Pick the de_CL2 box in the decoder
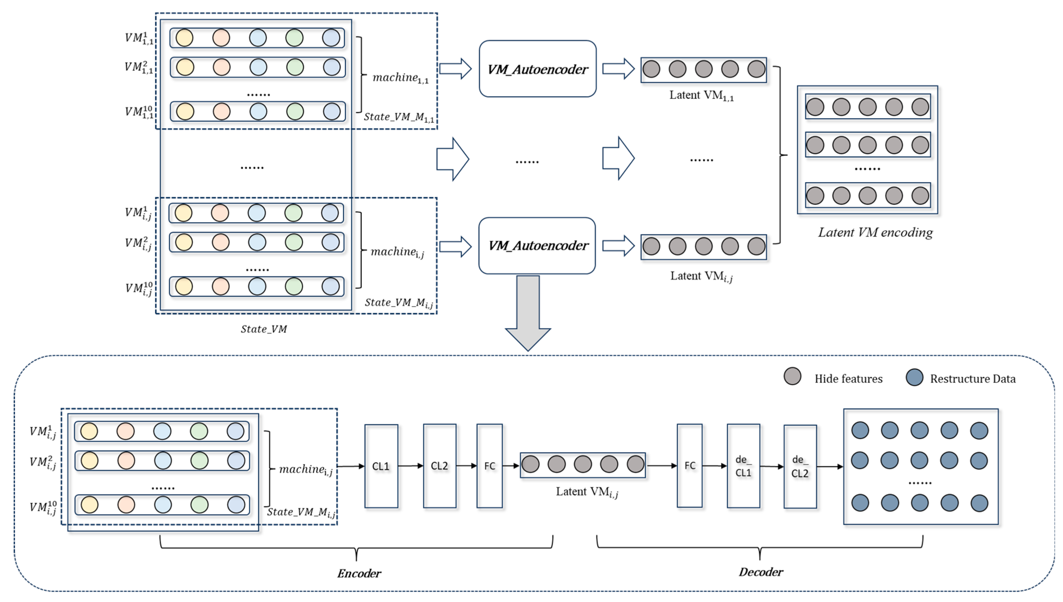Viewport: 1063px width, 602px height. [800, 467]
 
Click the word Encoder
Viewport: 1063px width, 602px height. [359, 573]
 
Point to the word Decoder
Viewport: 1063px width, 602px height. [761, 572]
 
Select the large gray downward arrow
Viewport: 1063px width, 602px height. [528, 314]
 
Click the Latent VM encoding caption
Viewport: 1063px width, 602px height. [875, 232]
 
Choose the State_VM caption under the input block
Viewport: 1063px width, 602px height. [264, 329]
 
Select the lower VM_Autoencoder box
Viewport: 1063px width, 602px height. [537, 246]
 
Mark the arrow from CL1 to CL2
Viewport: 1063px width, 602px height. [410, 466]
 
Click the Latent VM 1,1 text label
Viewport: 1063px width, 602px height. [701, 95]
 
